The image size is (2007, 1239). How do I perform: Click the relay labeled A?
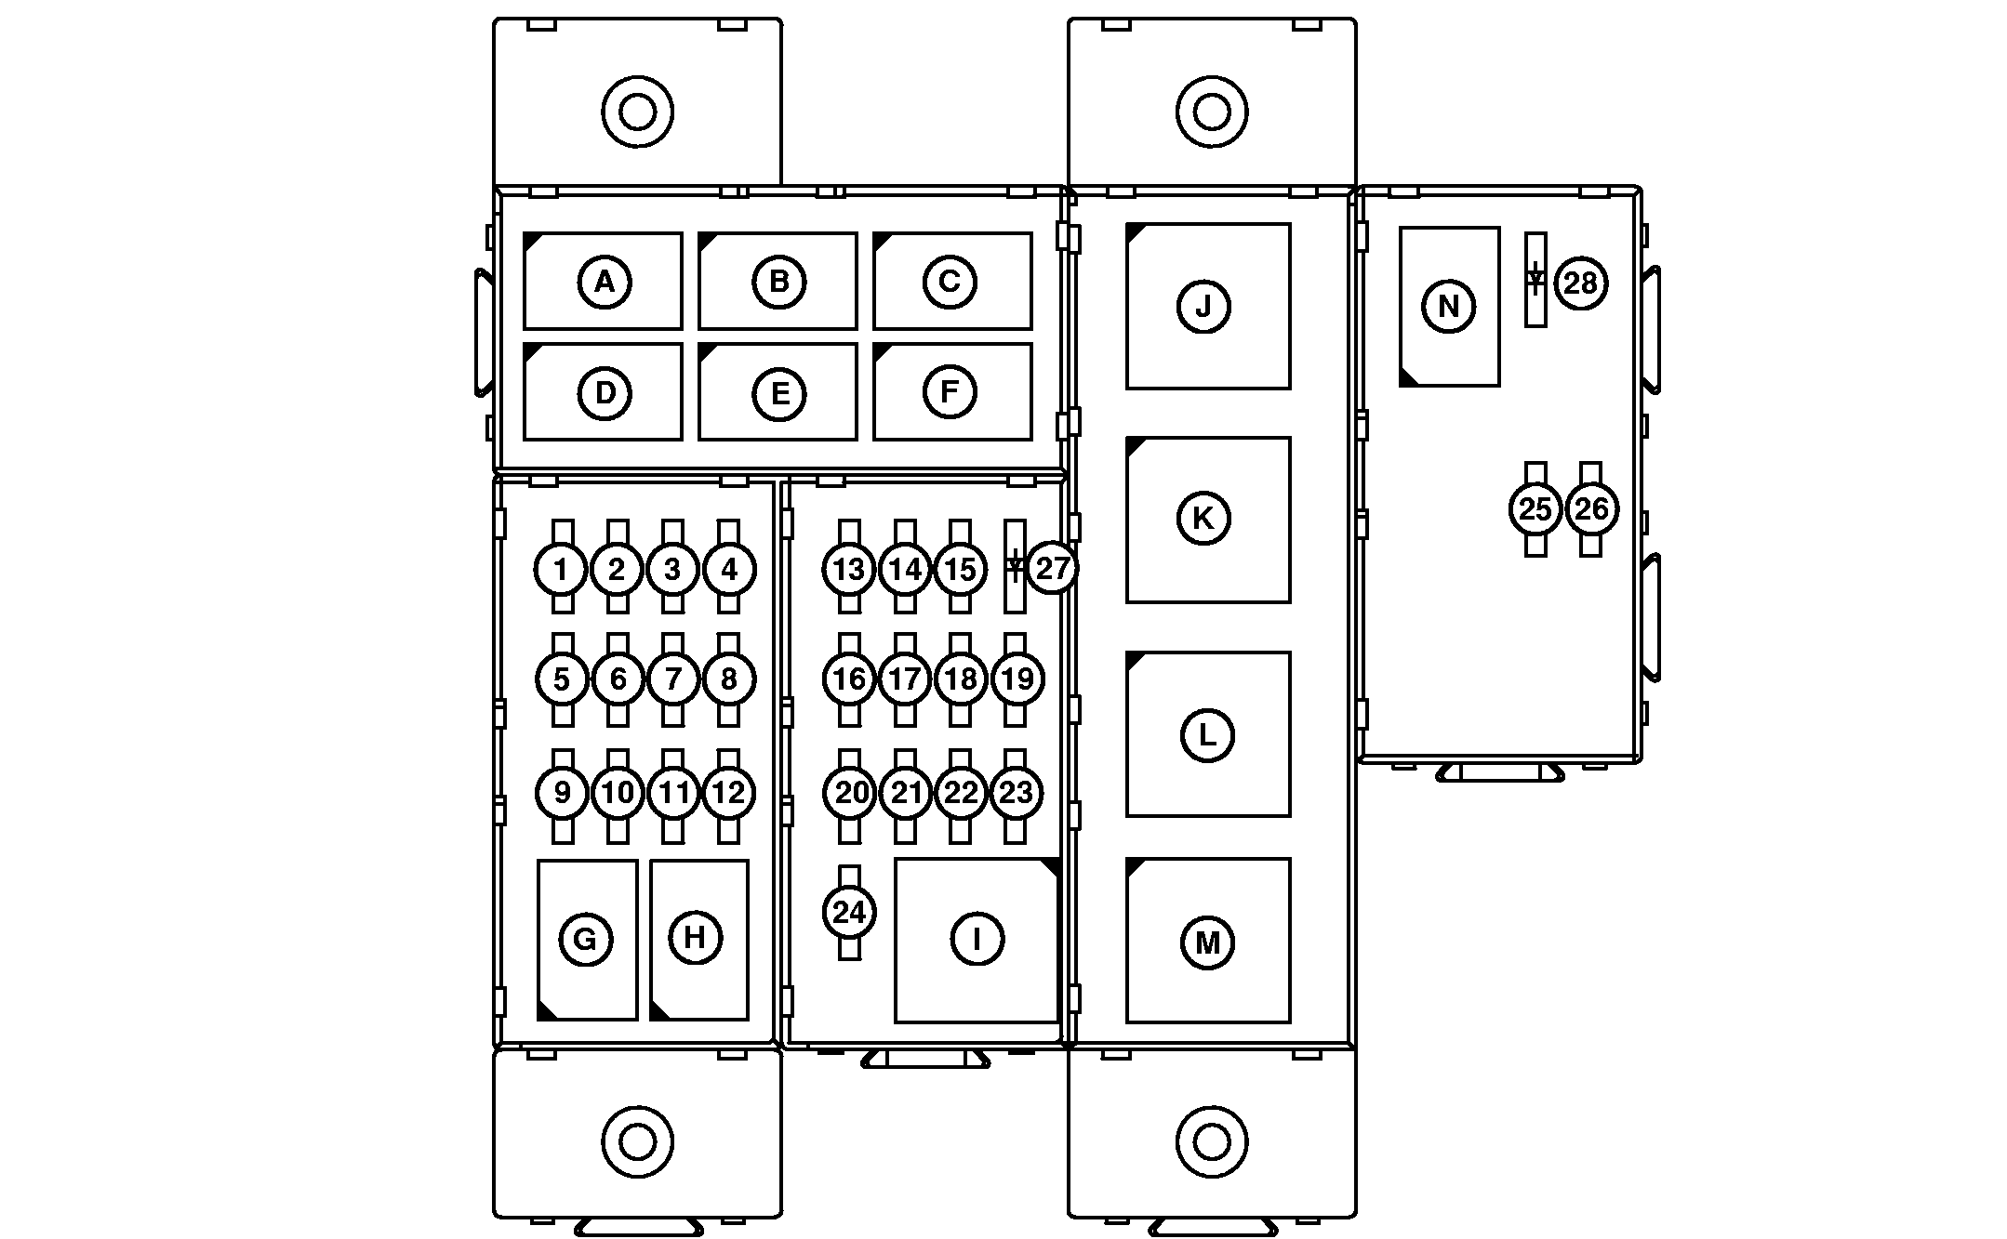point(603,281)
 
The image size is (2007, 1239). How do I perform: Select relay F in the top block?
point(951,391)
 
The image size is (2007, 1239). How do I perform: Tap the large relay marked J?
point(1207,306)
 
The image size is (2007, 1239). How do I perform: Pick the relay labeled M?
point(1207,941)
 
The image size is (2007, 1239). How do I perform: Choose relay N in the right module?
point(1449,306)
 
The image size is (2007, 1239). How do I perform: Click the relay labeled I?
point(977,940)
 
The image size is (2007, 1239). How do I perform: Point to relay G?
point(587,940)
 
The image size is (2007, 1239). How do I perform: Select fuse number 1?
point(562,568)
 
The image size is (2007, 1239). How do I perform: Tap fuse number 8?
point(729,679)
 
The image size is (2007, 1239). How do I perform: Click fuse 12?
point(729,793)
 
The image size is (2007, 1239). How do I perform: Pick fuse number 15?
point(961,568)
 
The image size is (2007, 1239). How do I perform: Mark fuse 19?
point(1017,679)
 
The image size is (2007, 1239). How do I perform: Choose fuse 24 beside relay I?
point(849,913)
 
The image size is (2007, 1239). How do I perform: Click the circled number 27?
point(1053,568)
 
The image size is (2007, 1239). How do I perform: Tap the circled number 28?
point(1581,283)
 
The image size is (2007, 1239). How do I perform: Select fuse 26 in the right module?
point(1591,508)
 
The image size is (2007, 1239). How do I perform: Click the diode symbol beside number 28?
point(1535,279)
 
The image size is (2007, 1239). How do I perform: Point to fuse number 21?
point(906,793)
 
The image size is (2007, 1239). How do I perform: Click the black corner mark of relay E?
point(706,351)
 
